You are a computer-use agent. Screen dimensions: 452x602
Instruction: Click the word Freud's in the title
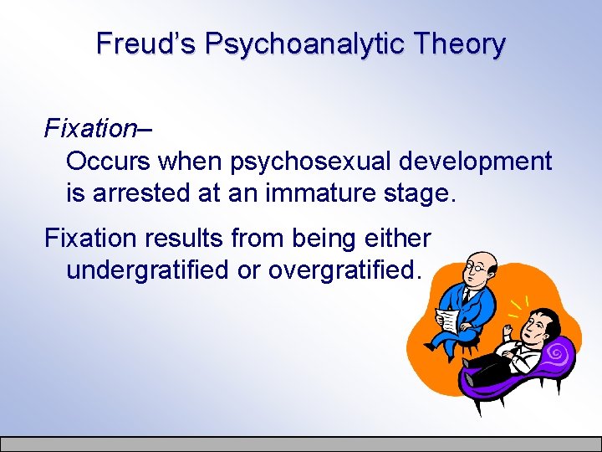[x=145, y=44]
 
